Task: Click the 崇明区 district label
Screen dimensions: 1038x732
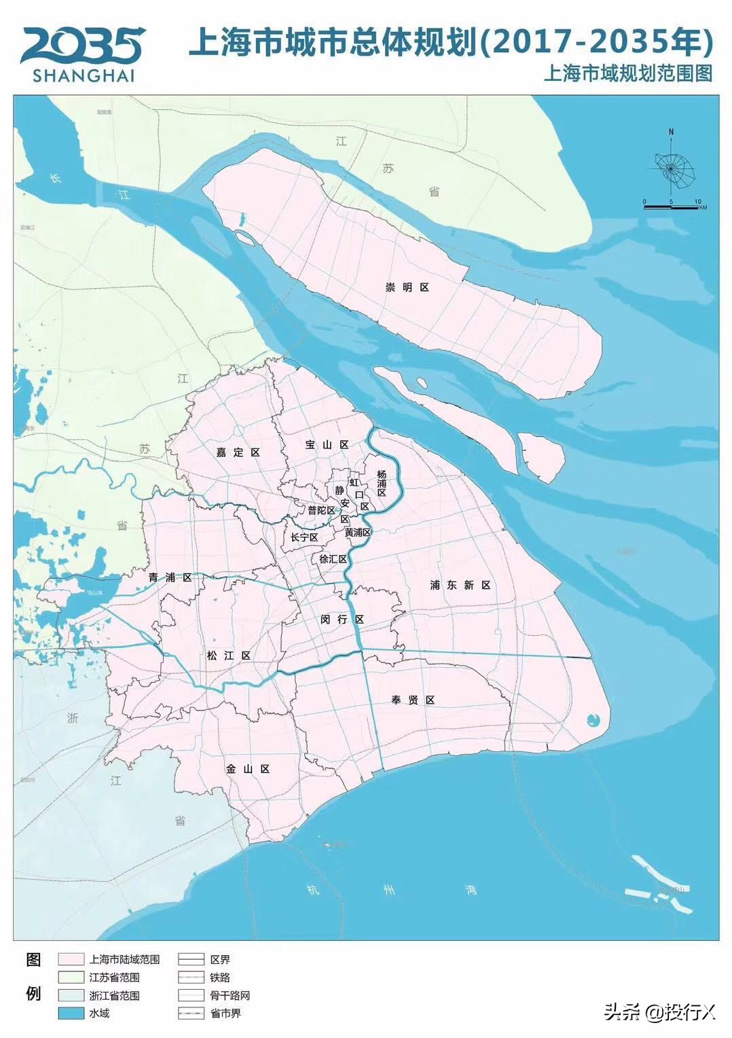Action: pyautogui.click(x=407, y=287)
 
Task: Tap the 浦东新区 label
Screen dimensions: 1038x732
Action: pyautogui.click(x=460, y=585)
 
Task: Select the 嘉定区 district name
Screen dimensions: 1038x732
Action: pyautogui.click(x=238, y=452)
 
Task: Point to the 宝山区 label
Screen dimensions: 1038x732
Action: pyautogui.click(x=327, y=444)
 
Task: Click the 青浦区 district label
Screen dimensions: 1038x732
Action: pyautogui.click(x=170, y=577)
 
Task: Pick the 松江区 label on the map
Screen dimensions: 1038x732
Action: pyautogui.click(x=229, y=656)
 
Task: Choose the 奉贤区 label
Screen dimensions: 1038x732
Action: pyautogui.click(x=412, y=700)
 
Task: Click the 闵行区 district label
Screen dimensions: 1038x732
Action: pyautogui.click(x=342, y=620)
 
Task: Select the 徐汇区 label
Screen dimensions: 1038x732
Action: pyautogui.click(x=333, y=559)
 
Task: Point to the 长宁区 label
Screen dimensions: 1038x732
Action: pyautogui.click(x=304, y=537)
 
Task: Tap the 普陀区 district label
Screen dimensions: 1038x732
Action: pyautogui.click(x=321, y=510)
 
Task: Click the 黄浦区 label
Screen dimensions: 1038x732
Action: pyautogui.click(x=357, y=533)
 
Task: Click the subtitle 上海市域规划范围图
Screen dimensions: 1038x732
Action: pyautogui.click(x=627, y=74)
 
